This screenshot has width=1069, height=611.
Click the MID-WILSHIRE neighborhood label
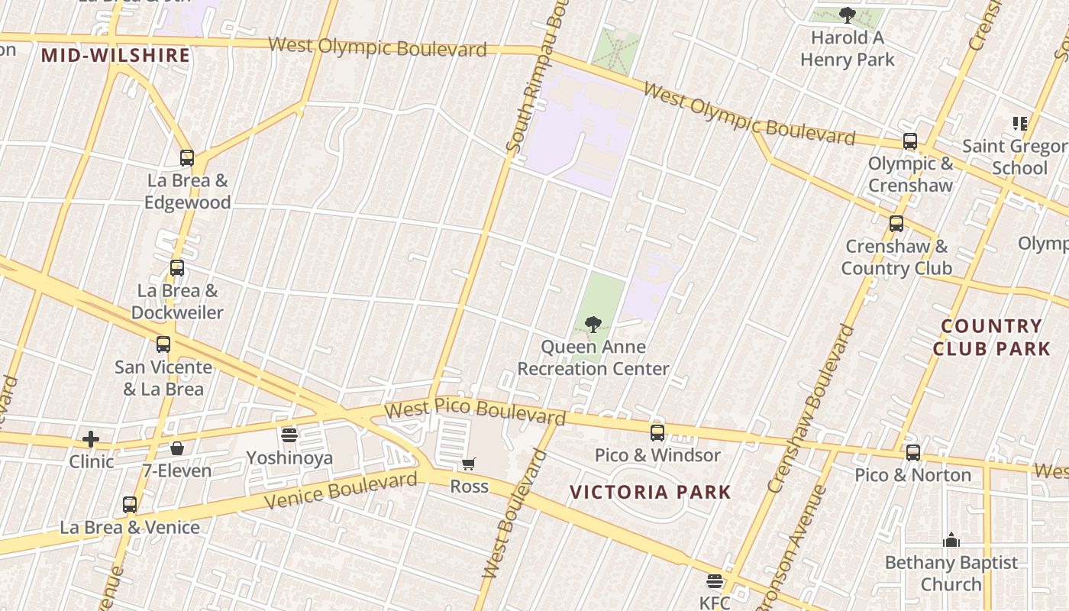115,55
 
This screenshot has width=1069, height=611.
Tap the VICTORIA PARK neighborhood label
651,492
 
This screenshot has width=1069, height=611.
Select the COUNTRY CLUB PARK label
991,337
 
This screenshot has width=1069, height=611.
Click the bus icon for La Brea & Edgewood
187,158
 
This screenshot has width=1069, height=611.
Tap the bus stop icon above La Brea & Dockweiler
177,268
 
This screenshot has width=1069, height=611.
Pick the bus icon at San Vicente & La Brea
163,344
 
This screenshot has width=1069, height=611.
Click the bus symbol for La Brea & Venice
130,505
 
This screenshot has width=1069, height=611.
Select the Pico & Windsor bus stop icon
657,433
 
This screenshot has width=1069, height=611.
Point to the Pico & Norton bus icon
912,453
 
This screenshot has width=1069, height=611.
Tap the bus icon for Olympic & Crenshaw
910,141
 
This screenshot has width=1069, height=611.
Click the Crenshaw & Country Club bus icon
896,224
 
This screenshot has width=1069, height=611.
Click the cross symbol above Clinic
91,439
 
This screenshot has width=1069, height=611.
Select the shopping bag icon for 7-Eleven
177,448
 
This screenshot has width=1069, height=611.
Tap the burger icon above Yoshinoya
289,435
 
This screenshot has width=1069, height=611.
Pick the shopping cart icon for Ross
469,464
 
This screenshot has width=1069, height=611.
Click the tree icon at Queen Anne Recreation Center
593,325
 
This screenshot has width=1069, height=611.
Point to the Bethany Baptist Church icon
951,541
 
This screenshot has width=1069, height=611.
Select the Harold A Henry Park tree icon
847,15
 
